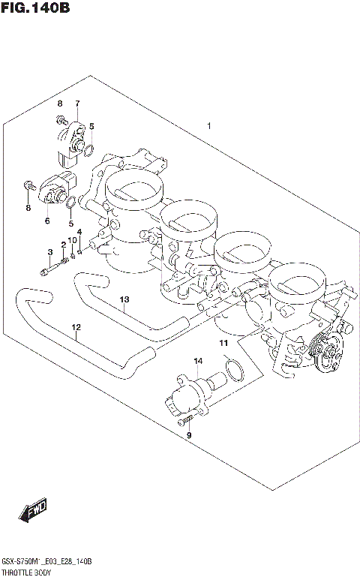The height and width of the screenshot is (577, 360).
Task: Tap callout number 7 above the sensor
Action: (x=76, y=103)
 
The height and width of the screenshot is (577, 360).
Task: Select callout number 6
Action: (x=46, y=221)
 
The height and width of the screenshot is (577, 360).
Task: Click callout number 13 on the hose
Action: (x=124, y=300)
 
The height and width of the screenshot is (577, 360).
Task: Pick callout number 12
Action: (x=75, y=327)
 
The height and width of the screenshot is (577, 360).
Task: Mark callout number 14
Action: (x=198, y=362)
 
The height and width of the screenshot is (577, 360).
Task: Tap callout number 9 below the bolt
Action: (x=189, y=435)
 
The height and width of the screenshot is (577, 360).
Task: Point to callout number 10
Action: (x=73, y=240)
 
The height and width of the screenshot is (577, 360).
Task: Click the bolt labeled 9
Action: (x=183, y=422)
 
